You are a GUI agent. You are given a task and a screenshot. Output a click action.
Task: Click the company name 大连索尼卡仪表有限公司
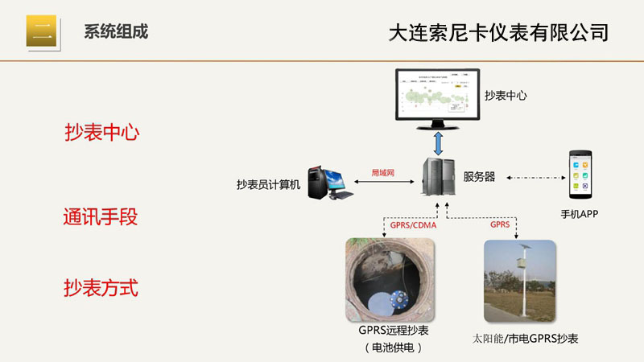click(497, 33)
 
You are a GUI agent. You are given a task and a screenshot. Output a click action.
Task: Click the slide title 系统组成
click(116, 32)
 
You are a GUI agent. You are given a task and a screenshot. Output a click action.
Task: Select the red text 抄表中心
click(101, 133)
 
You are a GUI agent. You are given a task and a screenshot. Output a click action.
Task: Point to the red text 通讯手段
click(101, 217)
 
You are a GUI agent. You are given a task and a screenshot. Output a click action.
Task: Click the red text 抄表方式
click(101, 288)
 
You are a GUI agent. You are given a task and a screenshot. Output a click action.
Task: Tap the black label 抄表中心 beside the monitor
click(506, 95)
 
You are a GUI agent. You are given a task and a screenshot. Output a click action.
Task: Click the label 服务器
click(479, 177)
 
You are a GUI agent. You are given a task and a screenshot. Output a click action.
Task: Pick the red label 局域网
click(382, 172)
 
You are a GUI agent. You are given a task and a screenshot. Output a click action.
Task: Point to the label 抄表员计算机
click(268, 184)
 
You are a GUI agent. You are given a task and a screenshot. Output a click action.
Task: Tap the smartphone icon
click(580, 175)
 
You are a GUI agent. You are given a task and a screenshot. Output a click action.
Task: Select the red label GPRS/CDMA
click(411, 225)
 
